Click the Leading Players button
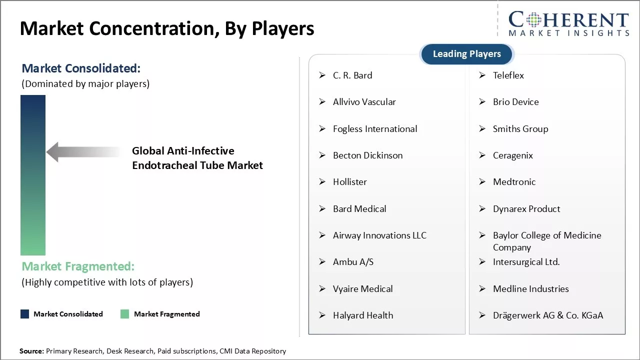pos(466,54)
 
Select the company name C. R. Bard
pos(352,75)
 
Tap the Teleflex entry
pos(508,75)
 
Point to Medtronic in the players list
pos(514,182)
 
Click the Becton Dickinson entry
pos(367,155)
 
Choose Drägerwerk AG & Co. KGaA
pos(547,315)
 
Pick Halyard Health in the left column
pos(363,315)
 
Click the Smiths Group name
pos(520,129)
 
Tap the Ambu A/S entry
pos(353,262)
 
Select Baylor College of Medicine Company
pos(546,241)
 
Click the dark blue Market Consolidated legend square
pos(24,314)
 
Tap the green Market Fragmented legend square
pos(125,314)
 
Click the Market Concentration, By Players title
pos(167,28)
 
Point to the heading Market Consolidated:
pos(81,68)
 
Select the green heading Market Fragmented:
pos(78,266)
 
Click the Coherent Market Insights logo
pos(568,23)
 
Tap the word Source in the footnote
pos(31,351)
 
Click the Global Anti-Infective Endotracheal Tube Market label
pos(197,158)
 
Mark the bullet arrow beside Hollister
pos(322,182)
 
